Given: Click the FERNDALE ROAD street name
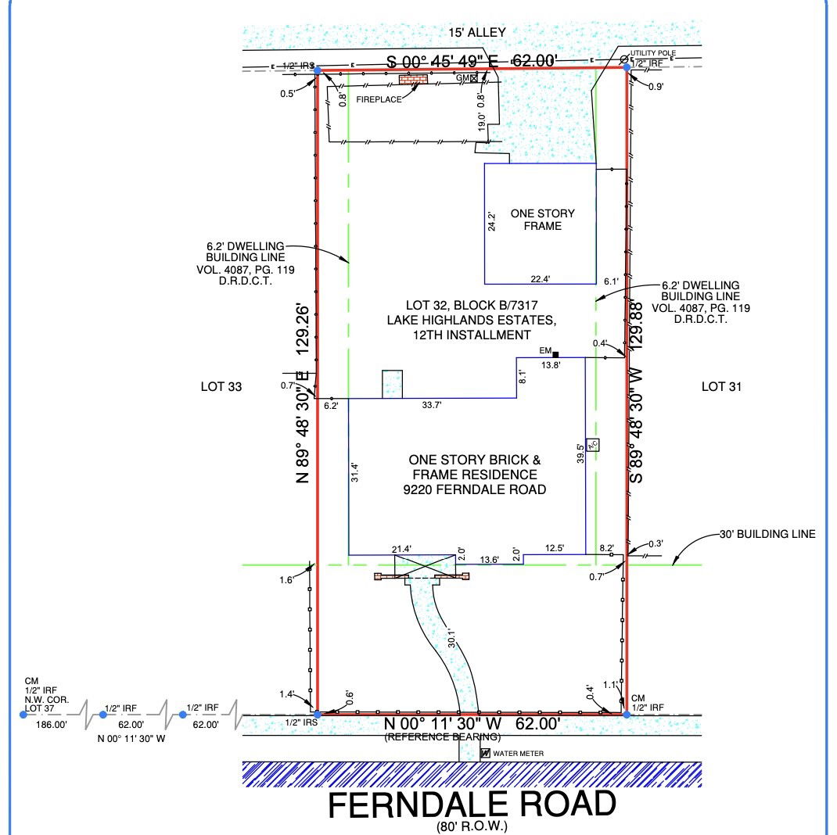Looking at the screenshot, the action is coord(472,805).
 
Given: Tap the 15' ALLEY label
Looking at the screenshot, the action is coord(476,33).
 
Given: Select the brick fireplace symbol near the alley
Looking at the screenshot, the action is coord(414,80).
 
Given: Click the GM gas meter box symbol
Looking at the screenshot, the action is coord(474,78).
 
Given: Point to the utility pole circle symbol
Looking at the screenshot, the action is coord(624,59).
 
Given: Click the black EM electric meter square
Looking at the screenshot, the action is coord(555,354).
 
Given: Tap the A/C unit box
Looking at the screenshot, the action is coord(592,444).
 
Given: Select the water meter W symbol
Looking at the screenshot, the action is coord(485,754).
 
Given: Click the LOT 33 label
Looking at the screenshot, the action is coord(221,387).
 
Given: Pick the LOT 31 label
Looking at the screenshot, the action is coord(721,387).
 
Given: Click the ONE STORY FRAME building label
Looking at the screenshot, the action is coord(542,220).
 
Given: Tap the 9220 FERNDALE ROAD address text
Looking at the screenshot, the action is coord(475,489).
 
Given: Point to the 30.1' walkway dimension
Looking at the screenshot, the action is coord(452,638).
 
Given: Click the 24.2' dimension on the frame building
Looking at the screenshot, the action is coord(491,222).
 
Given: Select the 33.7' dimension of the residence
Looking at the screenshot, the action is coord(431,405).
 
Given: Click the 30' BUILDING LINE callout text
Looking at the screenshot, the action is coord(767,534).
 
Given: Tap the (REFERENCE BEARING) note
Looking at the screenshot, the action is coord(443,736).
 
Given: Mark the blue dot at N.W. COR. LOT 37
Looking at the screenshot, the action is coord(23,715).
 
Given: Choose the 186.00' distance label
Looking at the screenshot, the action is coord(52,725).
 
